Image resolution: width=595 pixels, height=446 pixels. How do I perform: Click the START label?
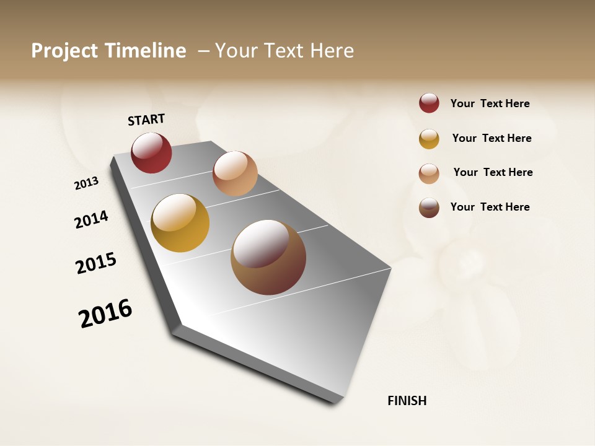(146, 120)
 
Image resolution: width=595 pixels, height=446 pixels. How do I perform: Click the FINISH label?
(407, 401)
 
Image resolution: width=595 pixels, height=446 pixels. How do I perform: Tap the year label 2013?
(86, 183)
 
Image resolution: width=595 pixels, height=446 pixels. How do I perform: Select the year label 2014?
(92, 219)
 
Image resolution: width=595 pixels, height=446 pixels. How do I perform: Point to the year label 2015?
(96, 263)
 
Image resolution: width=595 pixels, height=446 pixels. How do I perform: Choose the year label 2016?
(105, 313)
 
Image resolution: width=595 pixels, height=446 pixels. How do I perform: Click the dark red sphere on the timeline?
(151, 153)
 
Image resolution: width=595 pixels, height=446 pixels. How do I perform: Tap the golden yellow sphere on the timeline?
(180, 223)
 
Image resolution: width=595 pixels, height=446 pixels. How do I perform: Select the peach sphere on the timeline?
(235, 173)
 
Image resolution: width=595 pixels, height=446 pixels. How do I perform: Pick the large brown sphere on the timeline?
(268, 257)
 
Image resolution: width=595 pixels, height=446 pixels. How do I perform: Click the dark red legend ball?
(429, 103)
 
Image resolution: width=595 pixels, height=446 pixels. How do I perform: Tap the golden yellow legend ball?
(429, 139)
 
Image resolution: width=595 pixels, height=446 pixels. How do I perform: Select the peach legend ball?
(429, 173)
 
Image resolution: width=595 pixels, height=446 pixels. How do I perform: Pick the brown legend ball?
(429, 208)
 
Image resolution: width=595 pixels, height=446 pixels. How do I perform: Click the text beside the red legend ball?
(490, 104)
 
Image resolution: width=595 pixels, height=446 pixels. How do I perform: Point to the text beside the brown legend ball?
(490, 207)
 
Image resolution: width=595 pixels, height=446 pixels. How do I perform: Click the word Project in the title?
(64, 51)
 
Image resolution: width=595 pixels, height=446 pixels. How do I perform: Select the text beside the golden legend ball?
(491, 138)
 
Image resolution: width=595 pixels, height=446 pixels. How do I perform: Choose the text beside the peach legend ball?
(493, 172)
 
